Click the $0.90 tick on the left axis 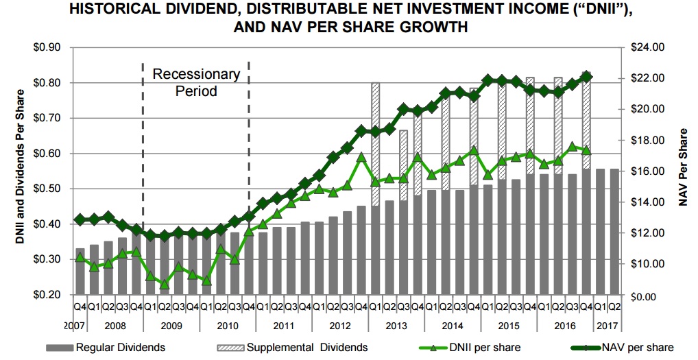(x=46, y=47)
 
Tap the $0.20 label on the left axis (x=46, y=295)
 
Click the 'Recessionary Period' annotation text (x=195, y=82)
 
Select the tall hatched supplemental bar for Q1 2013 (x=375, y=144)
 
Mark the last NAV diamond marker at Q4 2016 (x=586, y=76)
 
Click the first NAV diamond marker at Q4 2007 (x=80, y=219)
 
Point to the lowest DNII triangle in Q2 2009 (x=164, y=284)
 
